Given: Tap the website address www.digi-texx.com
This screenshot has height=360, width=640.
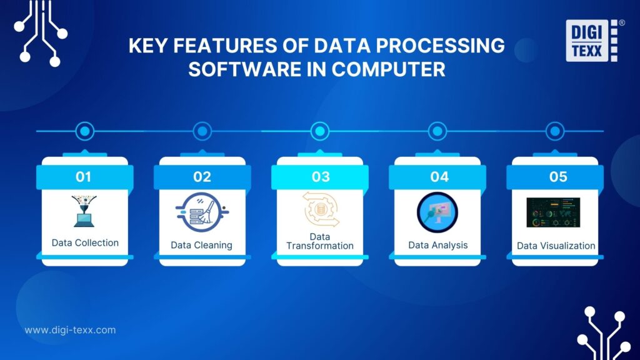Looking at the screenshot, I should click(70, 330).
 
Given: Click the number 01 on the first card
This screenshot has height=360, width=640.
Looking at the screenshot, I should click(84, 177).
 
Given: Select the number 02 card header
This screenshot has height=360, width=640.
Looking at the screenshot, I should click(202, 177).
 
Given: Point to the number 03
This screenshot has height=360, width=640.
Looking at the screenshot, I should click(321, 177).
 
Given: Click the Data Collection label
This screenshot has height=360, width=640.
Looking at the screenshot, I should click(85, 242).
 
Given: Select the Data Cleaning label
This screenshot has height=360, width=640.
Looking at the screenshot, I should click(201, 245).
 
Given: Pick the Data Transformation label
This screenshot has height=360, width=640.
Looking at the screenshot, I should click(320, 241).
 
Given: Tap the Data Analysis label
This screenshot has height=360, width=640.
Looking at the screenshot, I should click(437, 244).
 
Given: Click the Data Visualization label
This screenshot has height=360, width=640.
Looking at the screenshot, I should click(556, 246).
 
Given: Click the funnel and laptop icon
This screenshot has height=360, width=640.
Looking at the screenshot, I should click(84, 211).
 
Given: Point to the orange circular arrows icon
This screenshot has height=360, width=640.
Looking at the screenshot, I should click(321, 209).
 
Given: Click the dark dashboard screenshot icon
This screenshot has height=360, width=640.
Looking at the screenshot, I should click(553, 212).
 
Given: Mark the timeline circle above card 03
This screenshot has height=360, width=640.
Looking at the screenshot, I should click(320, 131).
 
